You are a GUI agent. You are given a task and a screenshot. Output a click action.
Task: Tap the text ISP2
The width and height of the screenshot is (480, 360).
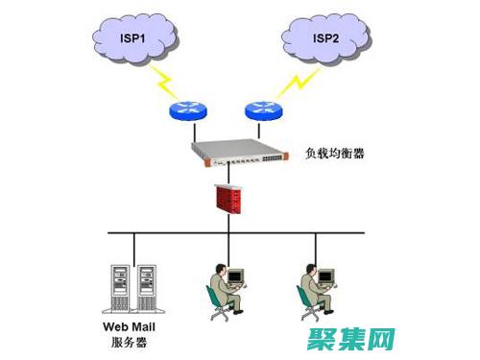pyautogui.click(x=324, y=37)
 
